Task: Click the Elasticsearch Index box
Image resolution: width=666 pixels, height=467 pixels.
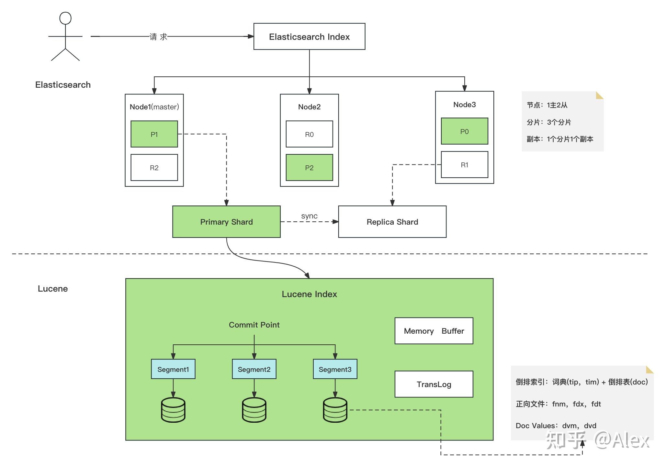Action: tap(309, 37)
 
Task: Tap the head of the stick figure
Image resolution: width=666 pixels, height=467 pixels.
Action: tap(65, 18)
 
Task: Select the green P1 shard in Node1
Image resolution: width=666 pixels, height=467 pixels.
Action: tap(154, 134)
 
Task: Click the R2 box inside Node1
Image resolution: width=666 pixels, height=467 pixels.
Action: tap(154, 167)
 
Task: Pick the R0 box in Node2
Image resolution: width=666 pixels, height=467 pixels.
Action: tap(309, 134)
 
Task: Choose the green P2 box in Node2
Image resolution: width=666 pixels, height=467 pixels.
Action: tap(309, 167)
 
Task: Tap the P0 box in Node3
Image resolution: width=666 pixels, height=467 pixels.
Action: tap(464, 131)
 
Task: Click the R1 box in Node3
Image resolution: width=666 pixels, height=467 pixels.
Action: tap(464, 165)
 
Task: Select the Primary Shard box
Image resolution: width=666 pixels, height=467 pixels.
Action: tap(226, 222)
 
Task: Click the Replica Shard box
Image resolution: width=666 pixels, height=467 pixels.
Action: tap(392, 222)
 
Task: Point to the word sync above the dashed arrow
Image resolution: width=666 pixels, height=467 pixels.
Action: tap(309, 216)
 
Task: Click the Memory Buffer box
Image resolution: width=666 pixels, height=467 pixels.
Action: tap(434, 331)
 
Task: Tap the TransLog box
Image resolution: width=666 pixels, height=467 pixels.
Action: tap(434, 384)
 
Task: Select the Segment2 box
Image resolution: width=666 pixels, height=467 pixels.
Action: tap(254, 369)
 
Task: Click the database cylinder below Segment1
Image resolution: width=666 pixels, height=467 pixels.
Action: tap(173, 410)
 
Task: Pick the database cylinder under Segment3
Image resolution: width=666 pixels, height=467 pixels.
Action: tap(335, 410)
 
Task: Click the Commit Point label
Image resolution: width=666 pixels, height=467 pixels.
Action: tap(254, 325)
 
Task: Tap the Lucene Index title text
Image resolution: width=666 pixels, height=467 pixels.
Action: tap(309, 294)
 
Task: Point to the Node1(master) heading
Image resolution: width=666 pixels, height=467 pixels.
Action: tap(154, 107)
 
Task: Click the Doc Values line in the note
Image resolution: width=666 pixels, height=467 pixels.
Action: tap(556, 426)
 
